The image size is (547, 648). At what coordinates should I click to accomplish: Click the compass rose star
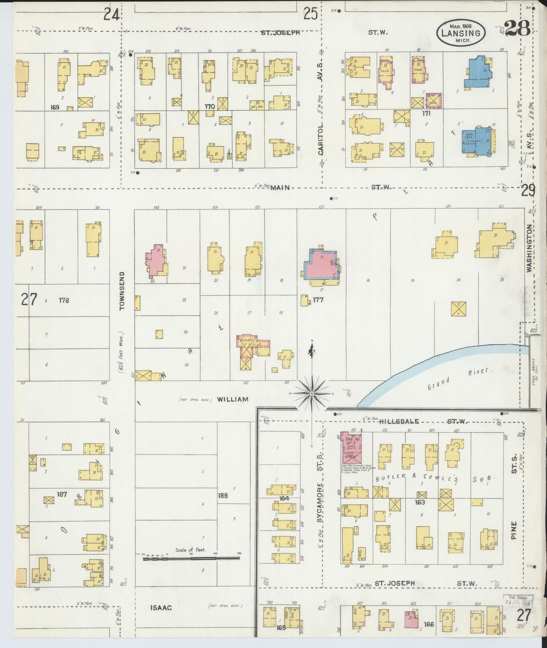click(x=312, y=394)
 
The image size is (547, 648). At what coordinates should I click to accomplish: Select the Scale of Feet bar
click(x=191, y=557)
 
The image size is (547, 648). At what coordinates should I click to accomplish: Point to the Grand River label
click(x=458, y=379)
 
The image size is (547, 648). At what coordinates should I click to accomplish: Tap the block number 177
click(x=318, y=300)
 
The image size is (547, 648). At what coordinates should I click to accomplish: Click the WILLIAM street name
click(x=233, y=399)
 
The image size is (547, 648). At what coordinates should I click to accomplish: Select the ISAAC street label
click(x=161, y=608)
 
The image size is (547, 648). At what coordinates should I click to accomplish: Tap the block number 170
click(x=209, y=106)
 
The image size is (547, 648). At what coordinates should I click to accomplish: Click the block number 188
click(x=223, y=495)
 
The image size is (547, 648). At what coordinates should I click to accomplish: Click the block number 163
click(x=420, y=502)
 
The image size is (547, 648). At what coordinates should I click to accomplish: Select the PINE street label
click(x=514, y=529)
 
